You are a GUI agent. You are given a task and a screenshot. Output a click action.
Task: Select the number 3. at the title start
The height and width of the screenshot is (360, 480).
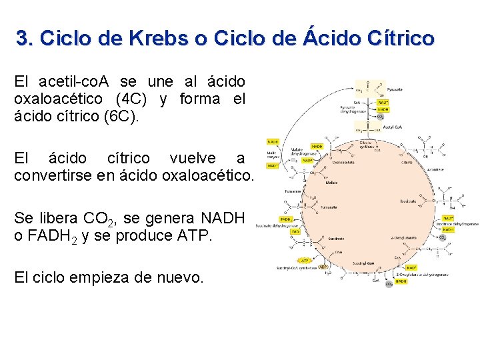tap(25, 38)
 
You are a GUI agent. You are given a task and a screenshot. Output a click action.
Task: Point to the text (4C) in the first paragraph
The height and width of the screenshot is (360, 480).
tap(131, 99)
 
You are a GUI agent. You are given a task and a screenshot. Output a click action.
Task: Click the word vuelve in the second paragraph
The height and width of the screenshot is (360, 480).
tap(193, 159)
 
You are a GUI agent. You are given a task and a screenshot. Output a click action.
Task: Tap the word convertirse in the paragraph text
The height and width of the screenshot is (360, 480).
tap(54, 176)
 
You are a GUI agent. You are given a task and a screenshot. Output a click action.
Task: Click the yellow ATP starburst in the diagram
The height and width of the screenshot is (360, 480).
tap(304, 261)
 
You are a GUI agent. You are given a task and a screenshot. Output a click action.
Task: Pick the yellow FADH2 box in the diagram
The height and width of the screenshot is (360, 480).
tap(286, 219)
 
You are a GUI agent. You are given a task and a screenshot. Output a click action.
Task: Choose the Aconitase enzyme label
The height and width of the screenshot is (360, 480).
tap(455, 169)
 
